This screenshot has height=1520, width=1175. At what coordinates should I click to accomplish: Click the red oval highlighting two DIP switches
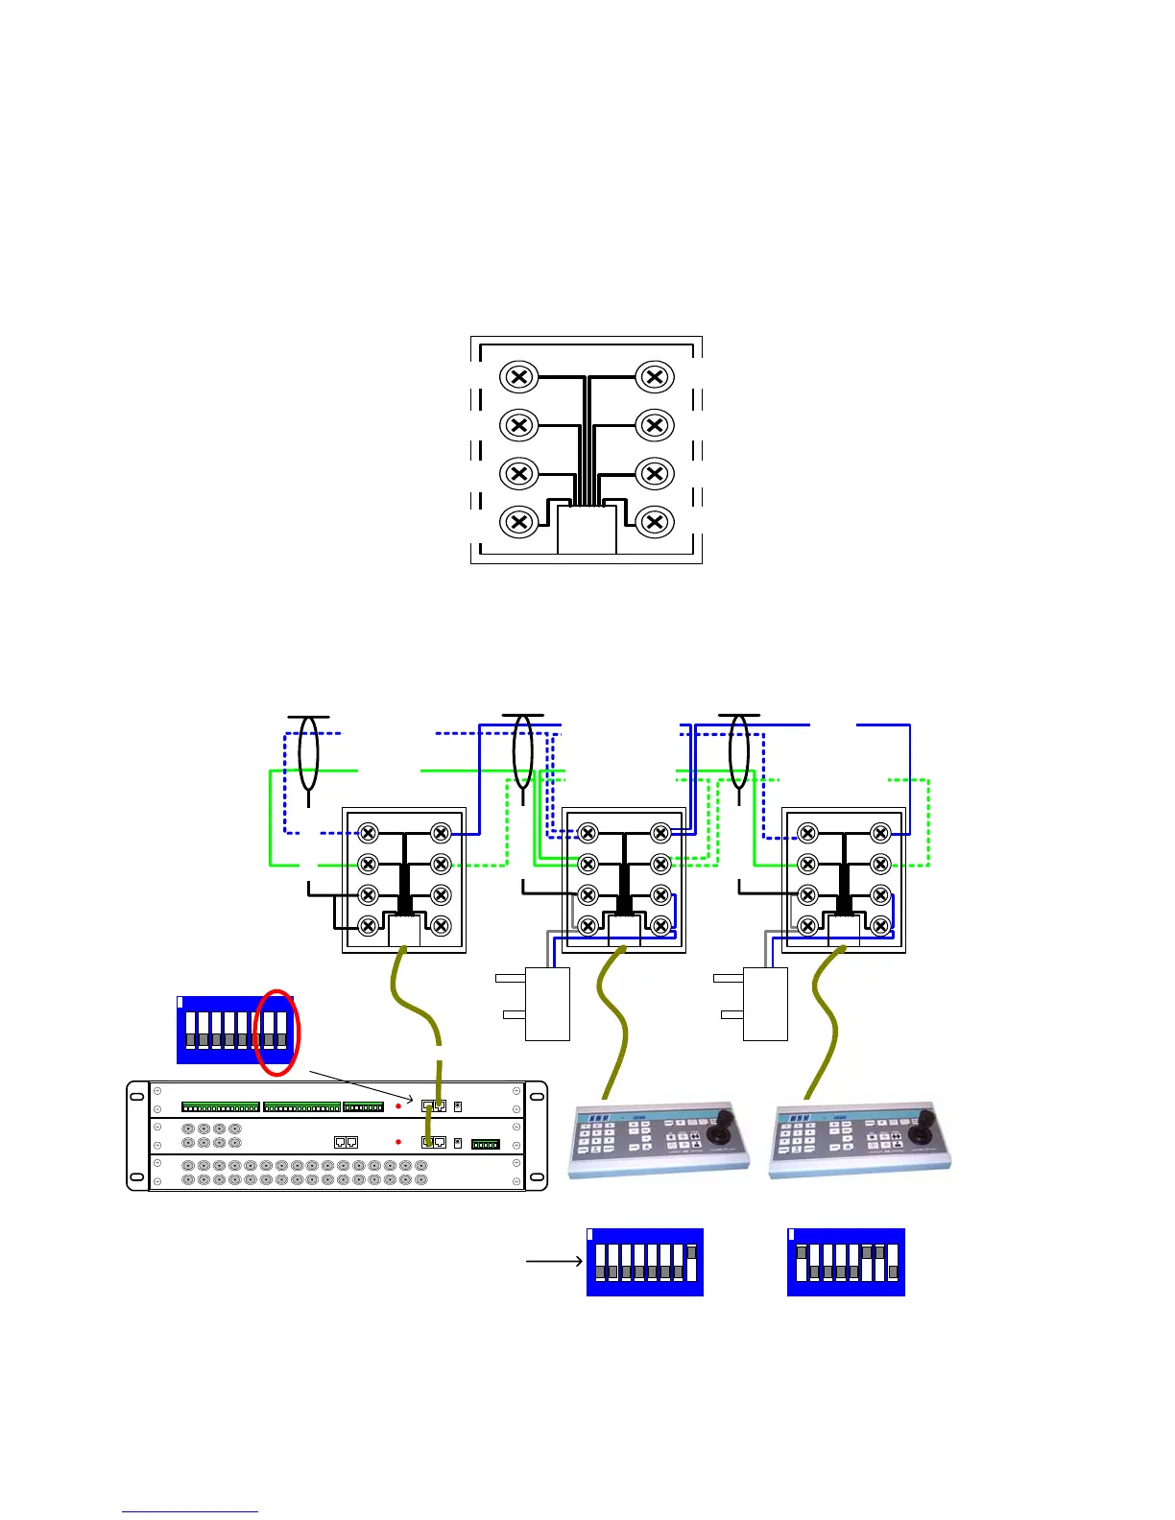pos(277,1032)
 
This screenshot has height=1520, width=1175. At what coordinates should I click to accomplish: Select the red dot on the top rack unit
pos(398,1106)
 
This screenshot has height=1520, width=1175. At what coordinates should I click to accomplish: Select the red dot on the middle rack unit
pos(398,1142)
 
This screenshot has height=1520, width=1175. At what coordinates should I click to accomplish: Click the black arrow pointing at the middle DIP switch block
pos(554,1260)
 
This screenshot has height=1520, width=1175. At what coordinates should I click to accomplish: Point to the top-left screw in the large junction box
pos(518,376)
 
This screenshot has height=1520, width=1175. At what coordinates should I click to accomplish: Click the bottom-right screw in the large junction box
pos(655,521)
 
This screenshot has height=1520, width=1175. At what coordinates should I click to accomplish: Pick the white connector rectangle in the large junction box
pos(587,530)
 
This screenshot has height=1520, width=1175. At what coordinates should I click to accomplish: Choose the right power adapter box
pos(765,1004)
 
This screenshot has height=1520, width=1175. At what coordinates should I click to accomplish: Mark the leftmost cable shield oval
pos(308,753)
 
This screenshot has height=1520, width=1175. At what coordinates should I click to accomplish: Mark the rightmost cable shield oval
pos(738,753)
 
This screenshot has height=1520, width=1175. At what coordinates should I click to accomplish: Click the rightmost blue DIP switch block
pos(846,1262)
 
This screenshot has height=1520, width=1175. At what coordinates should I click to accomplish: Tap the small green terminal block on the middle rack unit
pos(486,1144)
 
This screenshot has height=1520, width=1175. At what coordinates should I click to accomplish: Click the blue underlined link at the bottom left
pos(189,1511)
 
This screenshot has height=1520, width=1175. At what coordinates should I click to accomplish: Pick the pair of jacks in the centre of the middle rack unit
pos(346,1142)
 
